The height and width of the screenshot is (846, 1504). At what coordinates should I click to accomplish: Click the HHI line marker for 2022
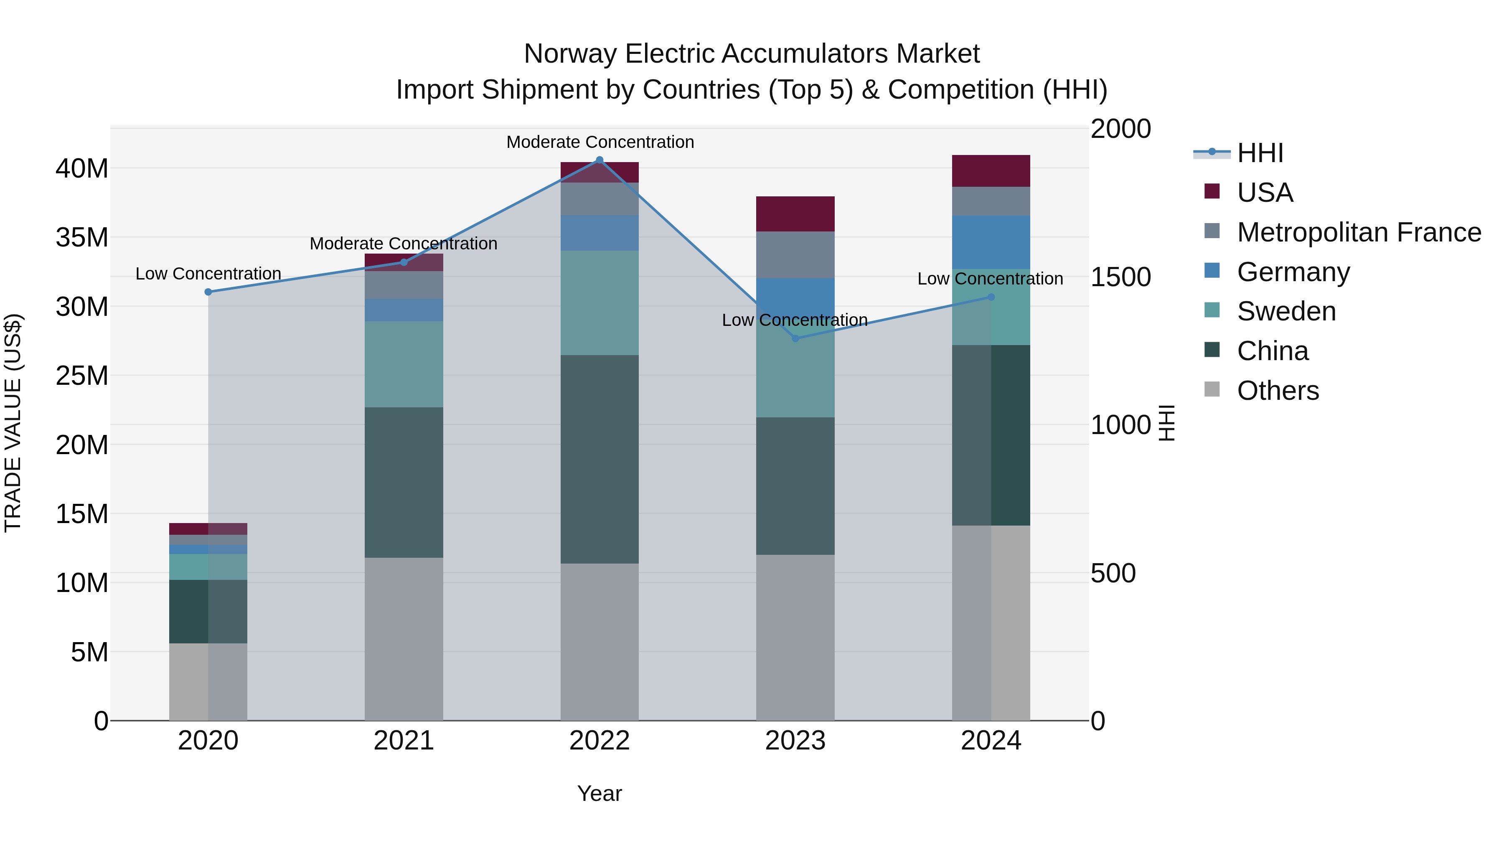coord(599,160)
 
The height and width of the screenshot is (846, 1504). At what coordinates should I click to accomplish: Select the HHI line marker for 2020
coord(208,292)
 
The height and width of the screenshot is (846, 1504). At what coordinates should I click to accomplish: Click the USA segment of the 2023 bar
coord(795,214)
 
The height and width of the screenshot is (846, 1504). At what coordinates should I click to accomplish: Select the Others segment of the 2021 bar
coord(404,639)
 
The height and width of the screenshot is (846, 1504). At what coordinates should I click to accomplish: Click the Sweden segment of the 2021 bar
coord(404,364)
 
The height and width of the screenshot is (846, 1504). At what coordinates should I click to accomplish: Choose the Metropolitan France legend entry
coord(1358,232)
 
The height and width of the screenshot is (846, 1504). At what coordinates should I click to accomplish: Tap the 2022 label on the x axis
coord(599,741)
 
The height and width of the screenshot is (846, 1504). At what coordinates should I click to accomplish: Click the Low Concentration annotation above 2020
coord(208,274)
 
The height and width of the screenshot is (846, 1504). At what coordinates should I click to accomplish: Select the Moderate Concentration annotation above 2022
coord(600,142)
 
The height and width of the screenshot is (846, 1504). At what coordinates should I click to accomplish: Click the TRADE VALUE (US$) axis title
coord(13,423)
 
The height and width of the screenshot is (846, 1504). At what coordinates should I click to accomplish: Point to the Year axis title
coord(599,793)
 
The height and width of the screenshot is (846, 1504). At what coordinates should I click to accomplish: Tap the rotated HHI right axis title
coord(1166,423)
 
